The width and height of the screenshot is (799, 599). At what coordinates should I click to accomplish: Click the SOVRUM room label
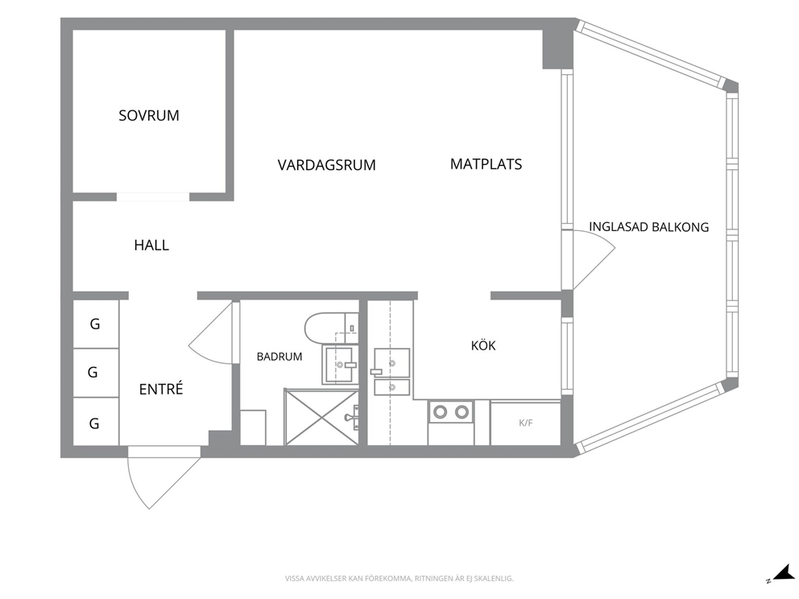click(x=149, y=116)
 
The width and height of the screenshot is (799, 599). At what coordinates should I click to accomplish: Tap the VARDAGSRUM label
click(x=327, y=165)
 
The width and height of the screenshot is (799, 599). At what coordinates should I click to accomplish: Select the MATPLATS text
click(x=486, y=164)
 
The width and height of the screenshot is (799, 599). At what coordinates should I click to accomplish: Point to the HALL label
click(x=151, y=245)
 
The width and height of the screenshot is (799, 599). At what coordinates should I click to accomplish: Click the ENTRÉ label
click(x=161, y=389)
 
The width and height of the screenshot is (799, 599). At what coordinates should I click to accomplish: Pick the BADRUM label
click(x=279, y=357)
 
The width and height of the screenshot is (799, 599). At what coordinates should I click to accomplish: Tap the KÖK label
click(x=483, y=345)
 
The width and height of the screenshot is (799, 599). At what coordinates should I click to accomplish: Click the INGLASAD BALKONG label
click(x=648, y=227)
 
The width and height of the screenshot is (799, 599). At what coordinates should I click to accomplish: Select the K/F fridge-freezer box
click(x=525, y=423)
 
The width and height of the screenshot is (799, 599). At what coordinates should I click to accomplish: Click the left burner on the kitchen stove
click(x=440, y=411)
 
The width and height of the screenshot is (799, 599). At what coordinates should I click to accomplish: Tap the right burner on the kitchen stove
click(x=462, y=411)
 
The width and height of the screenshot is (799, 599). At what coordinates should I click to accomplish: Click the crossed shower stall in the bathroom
click(x=321, y=417)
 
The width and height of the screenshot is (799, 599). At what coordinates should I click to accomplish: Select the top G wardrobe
click(x=96, y=324)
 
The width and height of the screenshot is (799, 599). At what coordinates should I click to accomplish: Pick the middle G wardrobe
click(x=96, y=373)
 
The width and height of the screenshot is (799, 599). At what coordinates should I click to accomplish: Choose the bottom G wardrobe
click(x=96, y=422)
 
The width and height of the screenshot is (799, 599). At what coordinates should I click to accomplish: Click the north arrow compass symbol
click(x=780, y=574)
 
